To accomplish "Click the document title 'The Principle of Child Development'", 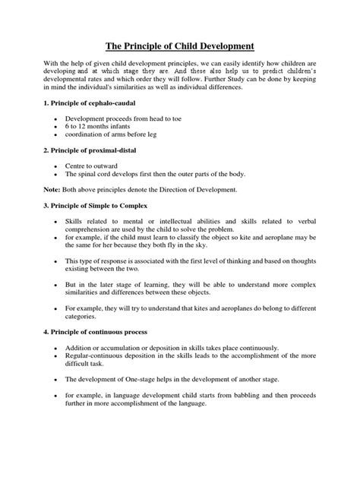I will pyautogui.click(x=179, y=46).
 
